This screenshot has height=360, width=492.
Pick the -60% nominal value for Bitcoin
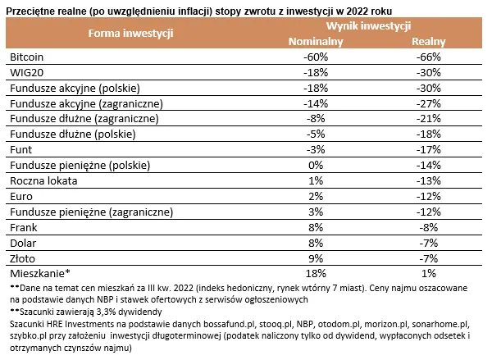click(x=316, y=58)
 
